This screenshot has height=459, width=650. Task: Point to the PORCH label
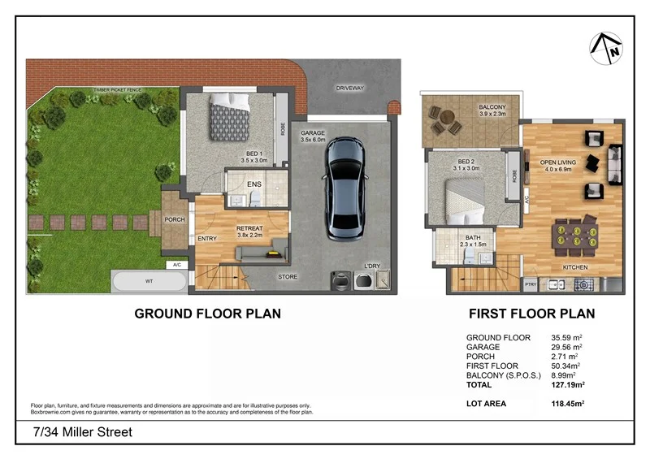(x=175, y=219)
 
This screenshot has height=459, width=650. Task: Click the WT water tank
(x=149, y=282)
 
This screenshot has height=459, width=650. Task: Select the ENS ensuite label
(x=253, y=184)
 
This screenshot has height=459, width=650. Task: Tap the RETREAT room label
(x=249, y=228)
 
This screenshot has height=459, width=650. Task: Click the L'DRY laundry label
(x=373, y=266)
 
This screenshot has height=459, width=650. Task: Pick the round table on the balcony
(x=445, y=125)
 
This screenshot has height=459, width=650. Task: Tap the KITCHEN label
(x=575, y=268)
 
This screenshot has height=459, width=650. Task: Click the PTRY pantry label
(x=530, y=284)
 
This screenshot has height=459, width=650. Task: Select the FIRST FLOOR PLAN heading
(x=531, y=314)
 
